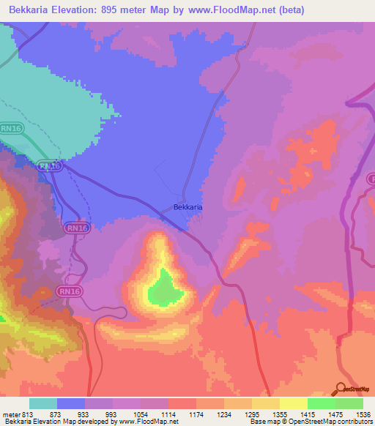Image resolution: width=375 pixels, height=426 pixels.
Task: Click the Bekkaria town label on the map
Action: pos(188,207)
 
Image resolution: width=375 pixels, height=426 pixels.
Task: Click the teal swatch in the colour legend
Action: pos(43,404)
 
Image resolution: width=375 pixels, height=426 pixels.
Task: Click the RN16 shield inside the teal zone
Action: pos(11,128)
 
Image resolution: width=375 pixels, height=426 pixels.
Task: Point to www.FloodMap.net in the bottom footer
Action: pos(149,422)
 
